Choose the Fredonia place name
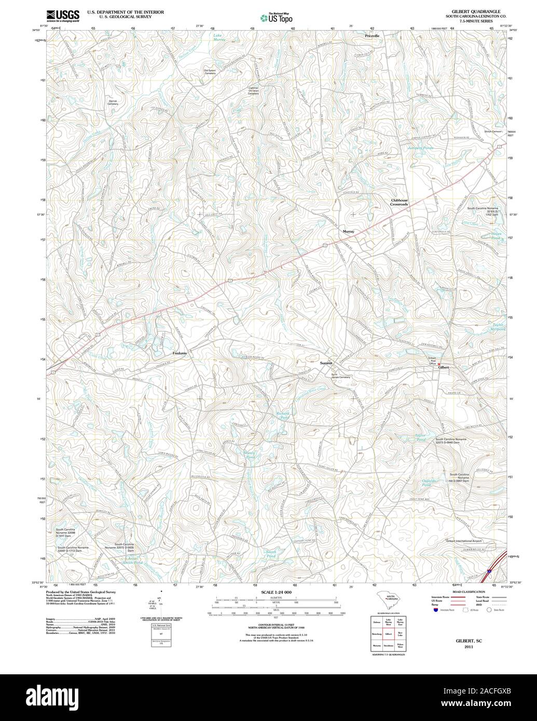click(183, 353)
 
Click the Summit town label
click(326, 363)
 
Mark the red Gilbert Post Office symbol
click(439, 364)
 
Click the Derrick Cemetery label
click(113, 102)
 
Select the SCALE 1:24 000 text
click(277, 592)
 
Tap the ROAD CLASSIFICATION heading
click(468, 592)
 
